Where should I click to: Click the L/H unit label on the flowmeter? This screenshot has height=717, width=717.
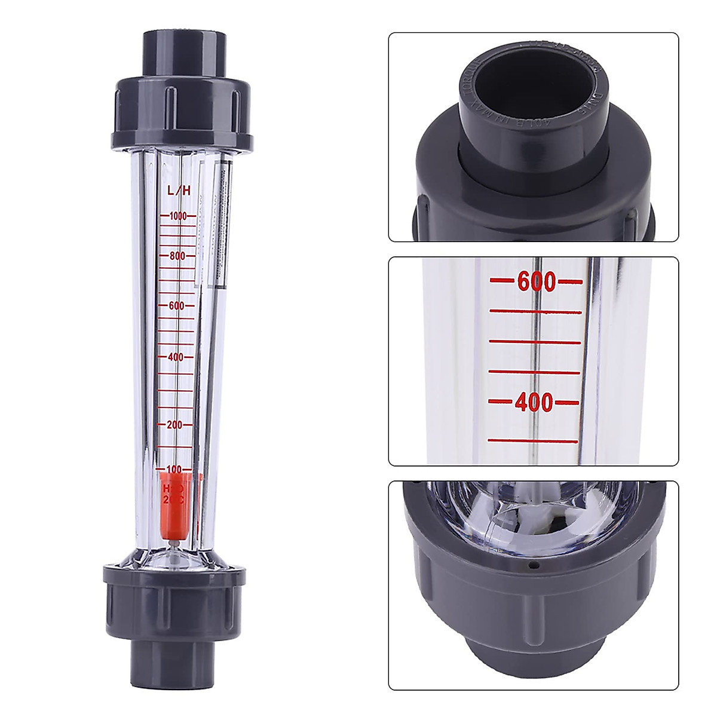pyautogui.click(x=179, y=191)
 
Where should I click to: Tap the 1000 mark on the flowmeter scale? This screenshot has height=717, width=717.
pyautogui.click(x=178, y=216)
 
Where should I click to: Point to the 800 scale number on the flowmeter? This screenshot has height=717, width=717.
pyautogui.click(x=178, y=256)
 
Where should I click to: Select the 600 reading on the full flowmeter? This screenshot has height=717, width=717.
pyautogui.click(x=177, y=305)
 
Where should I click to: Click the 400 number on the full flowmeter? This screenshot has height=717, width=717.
pyautogui.click(x=176, y=357)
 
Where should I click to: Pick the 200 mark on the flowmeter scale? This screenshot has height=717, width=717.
pyautogui.click(x=174, y=425)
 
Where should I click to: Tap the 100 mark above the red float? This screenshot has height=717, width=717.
pyautogui.click(x=174, y=469)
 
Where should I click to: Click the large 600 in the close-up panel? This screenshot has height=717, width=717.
pyautogui.click(x=536, y=281)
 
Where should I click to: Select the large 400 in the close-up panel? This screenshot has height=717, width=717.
pyautogui.click(x=534, y=402)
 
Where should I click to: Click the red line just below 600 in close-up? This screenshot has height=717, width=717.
pyautogui.click(x=535, y=311)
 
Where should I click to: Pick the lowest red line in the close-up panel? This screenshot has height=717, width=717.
pyautogui.click(x=533, y=441)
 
